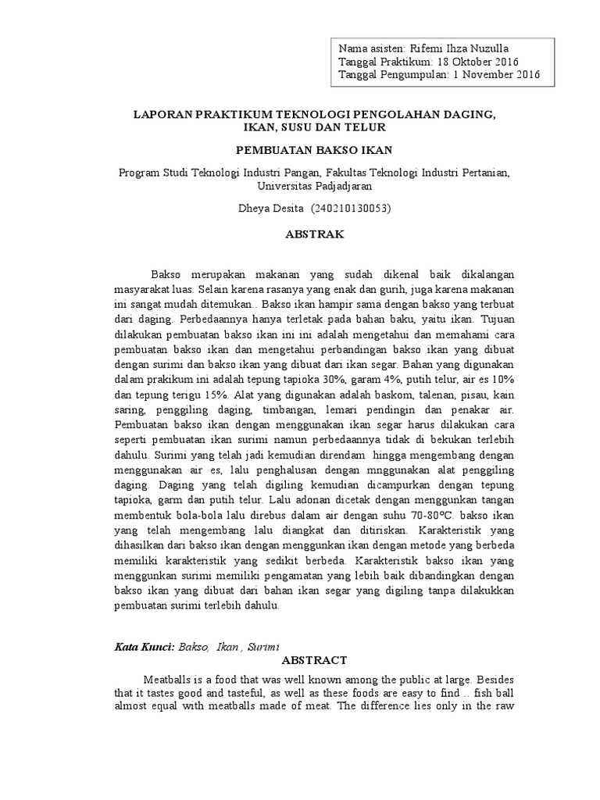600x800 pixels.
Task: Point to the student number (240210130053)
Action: pyautogui.click(x=351, y=209)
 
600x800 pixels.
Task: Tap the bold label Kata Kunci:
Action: pyautogui.click(x=144, y=647)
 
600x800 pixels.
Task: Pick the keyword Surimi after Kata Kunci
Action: pyautogui.click(x=262, y=647)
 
